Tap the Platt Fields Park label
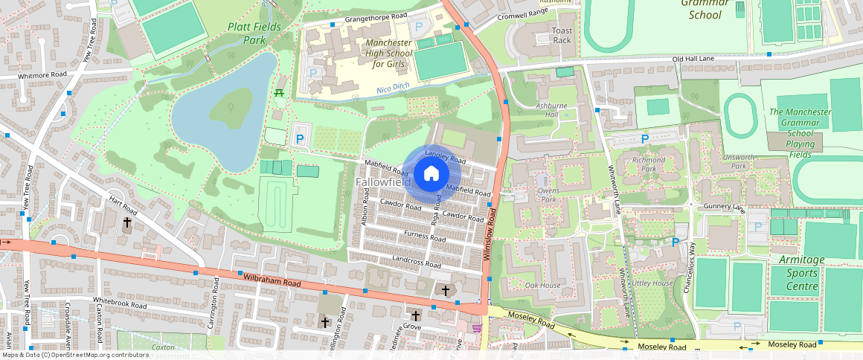246,33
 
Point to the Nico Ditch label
394,91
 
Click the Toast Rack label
562,35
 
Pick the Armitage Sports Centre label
802,273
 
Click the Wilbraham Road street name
272,280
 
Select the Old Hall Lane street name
693,59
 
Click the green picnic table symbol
280,92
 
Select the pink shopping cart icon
476,327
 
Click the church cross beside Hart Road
126,222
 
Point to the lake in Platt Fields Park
223,112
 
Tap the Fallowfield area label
382,182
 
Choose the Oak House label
542,286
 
